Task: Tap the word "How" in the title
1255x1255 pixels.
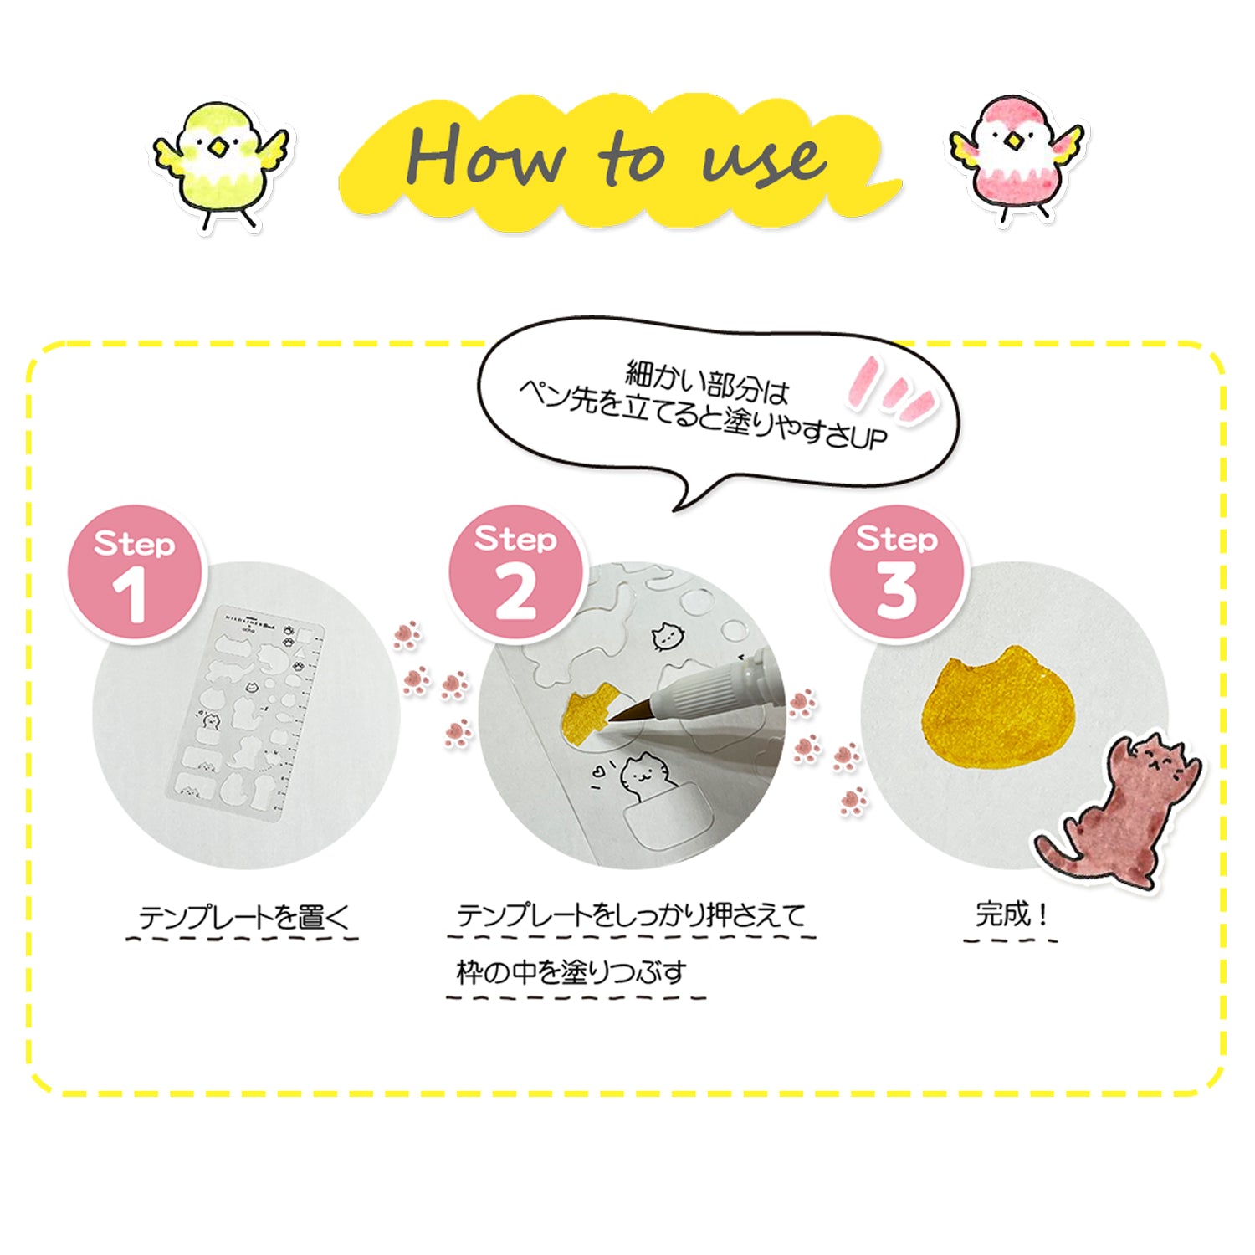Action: [x=488, y=155]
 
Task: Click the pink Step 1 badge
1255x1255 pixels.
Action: [x=135, y=574]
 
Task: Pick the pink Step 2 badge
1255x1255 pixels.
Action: [x=515, y=572]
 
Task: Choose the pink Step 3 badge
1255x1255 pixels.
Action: [x=896, y=572]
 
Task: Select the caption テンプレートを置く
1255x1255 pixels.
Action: [x=243, y=917]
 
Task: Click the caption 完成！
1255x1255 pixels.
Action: [x=1012, y=914]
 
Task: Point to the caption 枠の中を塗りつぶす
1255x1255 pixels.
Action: [x=571, y=972]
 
